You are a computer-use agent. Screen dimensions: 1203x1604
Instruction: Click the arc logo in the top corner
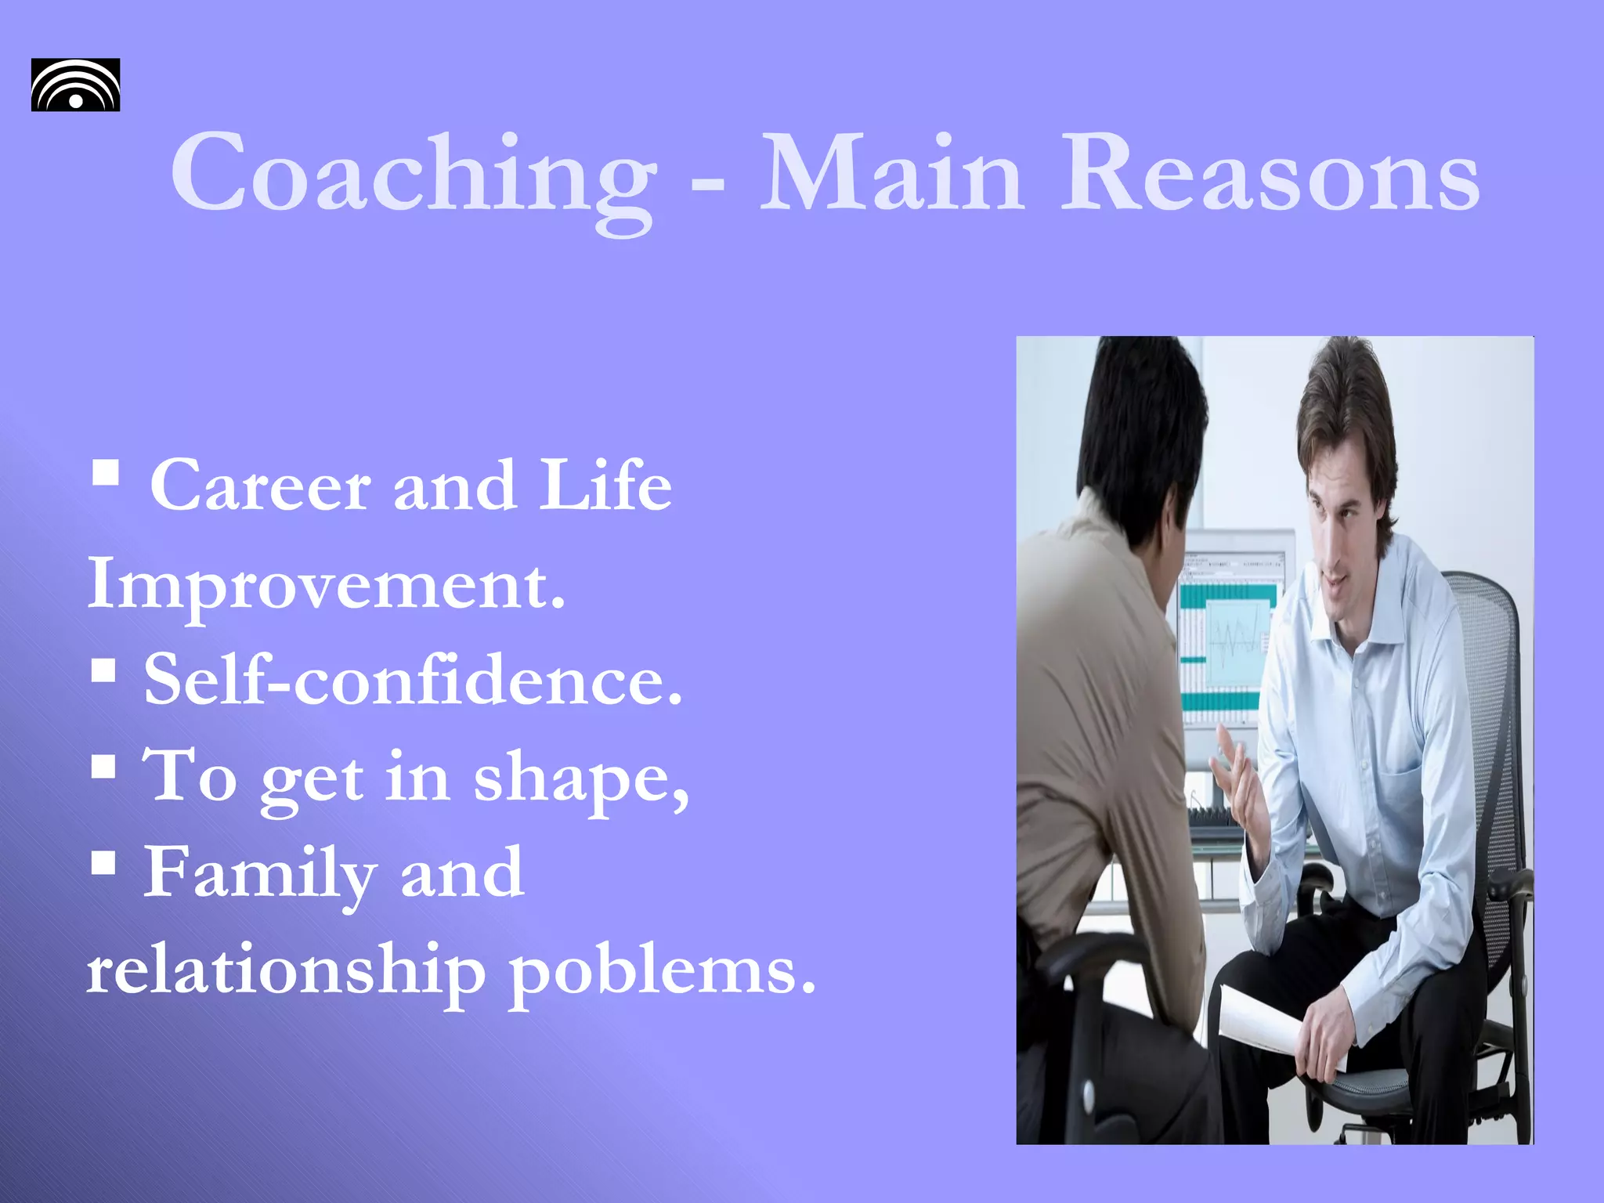pos(75,85)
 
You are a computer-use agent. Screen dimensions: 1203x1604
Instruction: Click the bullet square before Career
pos(105,472)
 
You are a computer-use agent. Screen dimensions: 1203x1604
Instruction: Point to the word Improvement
pos(326,584)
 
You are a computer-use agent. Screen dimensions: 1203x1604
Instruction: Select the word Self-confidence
pos(413,680)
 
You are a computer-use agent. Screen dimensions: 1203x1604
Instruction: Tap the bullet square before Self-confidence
pos(103,670)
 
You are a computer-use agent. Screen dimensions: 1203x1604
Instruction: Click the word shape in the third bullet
pos(580,779)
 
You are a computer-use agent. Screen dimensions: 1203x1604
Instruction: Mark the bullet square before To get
pos(103,766)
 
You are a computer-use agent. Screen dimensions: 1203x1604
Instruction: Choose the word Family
pos(259,874)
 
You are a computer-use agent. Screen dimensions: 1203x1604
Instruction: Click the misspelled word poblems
pos(663,971)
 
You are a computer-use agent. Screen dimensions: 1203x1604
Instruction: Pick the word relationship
pos(286,971)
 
